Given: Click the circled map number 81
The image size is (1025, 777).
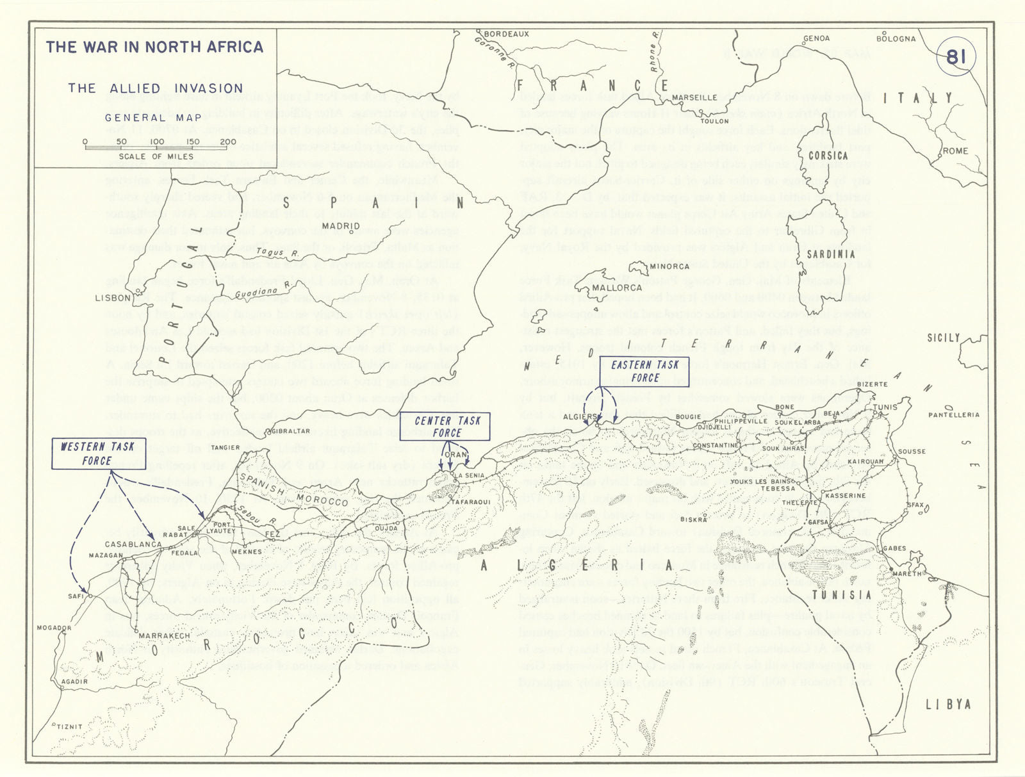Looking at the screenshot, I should tap(955, 57).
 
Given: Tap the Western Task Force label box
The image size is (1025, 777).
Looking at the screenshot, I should tap(97, 454).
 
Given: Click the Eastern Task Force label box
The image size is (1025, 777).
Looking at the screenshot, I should tap(645, 372).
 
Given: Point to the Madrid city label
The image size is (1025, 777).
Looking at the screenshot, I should tap(340, 226).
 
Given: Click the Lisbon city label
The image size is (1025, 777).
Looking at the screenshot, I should tap(113, 298).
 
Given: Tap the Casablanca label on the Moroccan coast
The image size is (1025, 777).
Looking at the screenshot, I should tap(133, 544).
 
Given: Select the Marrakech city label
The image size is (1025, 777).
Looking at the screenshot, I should tap(164, 636).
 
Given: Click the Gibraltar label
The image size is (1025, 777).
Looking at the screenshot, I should tap(291, 431).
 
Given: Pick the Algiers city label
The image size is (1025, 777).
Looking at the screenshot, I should tap(580, 417).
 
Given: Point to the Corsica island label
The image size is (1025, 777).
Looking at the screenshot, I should tap(828, 156).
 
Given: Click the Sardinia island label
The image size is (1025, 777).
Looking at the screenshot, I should tap(830, 254).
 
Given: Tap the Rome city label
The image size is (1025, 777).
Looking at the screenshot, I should tap(955, 151).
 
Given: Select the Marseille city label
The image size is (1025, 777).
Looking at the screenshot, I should tap(694, 97).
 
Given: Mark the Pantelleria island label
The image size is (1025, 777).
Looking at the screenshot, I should tap(953, 415).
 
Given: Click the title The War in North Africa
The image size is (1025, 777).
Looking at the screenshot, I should tap(154, 47).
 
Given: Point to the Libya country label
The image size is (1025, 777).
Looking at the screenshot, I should tap(948, 705).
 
